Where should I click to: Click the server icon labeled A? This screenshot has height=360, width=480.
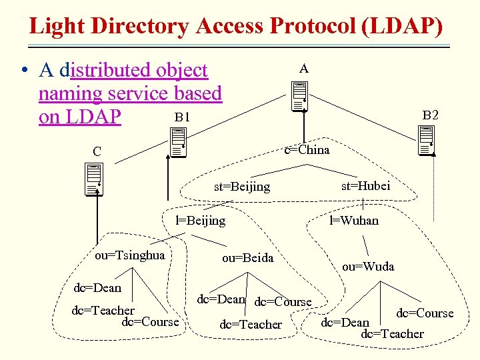(299, 97)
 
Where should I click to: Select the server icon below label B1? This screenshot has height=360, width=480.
(177, 142)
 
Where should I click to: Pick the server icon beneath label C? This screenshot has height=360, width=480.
(94, 179)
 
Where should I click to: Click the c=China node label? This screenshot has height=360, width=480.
(307, 149)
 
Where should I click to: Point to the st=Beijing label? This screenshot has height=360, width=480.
(242, 187)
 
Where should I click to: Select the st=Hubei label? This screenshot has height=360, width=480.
(365, 186)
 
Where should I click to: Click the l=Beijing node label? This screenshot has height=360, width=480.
(200, 220)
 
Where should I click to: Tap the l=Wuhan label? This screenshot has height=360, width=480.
(354, 220)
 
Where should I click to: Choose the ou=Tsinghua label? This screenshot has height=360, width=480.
(129, 255)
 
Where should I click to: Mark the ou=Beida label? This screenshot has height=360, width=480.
(247, 257)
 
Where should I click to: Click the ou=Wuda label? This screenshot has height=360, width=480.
(368, 266)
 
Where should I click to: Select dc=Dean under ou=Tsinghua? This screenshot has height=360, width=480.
(97, 287)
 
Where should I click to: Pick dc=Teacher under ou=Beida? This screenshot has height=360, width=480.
(251, 325)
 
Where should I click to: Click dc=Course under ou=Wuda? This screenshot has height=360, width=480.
(425, 313)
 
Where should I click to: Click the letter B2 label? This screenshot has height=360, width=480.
(431, 115)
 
